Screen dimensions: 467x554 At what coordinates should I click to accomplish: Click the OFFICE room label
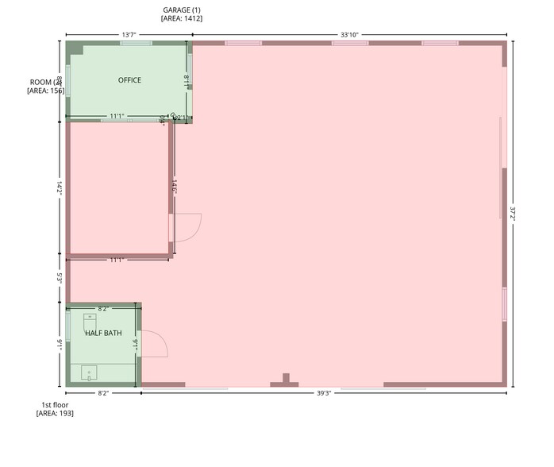tap(129, 80)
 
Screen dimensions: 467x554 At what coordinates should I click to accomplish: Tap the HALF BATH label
tap(103, 333)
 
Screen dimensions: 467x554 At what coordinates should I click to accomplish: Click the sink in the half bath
tap(89, 371)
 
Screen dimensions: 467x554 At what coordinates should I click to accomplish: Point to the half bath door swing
tap(155, 346)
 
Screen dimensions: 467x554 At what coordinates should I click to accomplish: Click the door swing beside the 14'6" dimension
tap(187, 227)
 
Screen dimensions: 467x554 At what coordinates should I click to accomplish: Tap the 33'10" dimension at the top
tap(349, 35)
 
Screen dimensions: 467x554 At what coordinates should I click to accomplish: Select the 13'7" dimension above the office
tap(129, 35)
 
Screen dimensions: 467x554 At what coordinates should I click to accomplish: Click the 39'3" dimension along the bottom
tap(324, 393)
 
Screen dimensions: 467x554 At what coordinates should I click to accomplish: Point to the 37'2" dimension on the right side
tap(514, 214)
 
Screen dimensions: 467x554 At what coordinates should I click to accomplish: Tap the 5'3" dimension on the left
tap(60, 279)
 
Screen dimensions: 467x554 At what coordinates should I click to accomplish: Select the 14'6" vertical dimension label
tap(173, 187)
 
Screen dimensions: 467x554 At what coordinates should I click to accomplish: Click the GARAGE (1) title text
tap(182, 10)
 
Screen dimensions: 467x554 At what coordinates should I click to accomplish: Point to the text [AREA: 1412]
tap(182, 18)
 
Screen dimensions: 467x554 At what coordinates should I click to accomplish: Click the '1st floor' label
tap(55, 404)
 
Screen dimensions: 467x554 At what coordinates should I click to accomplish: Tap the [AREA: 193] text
tap(55, 413)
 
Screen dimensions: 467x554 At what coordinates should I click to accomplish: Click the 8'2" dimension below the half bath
tap(103, 393)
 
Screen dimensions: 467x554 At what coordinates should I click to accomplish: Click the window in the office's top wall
tap(137, 43)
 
